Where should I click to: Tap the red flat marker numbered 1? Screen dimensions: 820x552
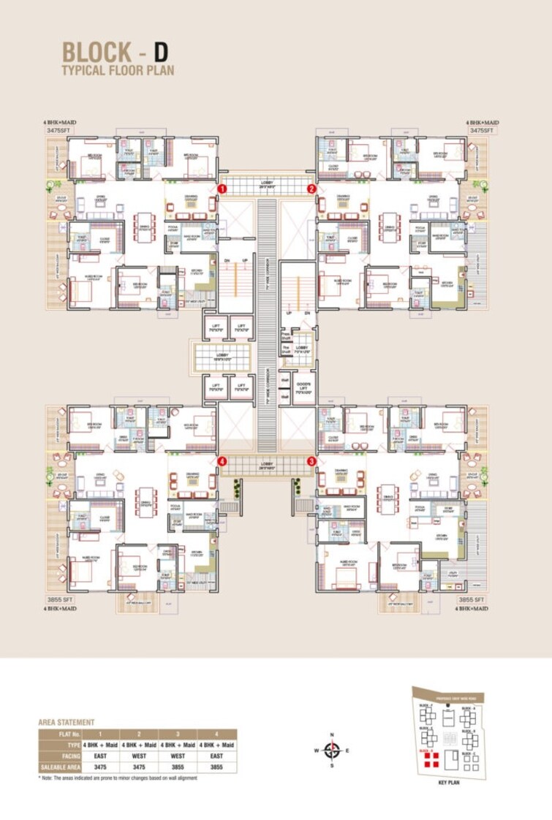click(222, 189)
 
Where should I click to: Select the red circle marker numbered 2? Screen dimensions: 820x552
click(312, 189)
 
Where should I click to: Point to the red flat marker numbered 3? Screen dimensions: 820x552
click(312, 461)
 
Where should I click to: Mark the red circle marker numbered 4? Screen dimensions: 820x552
click(222, 461)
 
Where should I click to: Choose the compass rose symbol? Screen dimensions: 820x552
click(332, 750)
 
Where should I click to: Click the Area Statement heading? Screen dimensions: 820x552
click(66, 722)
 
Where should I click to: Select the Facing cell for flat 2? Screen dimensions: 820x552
click(139, 756)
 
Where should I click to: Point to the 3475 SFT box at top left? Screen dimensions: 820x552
click(62, 130)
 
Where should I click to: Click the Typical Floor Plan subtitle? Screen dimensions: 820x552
click(118, 71)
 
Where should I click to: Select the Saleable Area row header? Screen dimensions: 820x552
click(60, 767)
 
